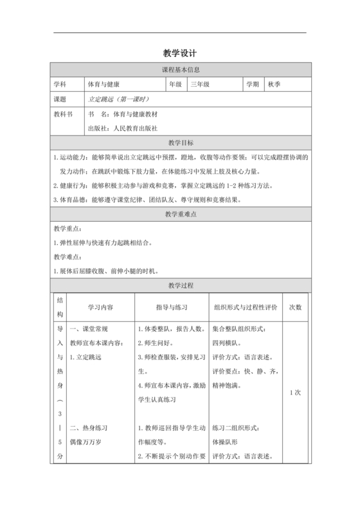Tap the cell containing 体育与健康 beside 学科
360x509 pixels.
[104, 84]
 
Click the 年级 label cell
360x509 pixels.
[175, 84]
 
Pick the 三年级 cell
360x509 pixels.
[200, 84]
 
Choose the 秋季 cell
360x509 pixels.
[275, 84]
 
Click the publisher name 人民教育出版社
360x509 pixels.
[135, 128]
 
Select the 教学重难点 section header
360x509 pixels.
[180, 213]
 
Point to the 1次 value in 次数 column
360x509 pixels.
[296, 393]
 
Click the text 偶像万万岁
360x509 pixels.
[86, 442]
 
